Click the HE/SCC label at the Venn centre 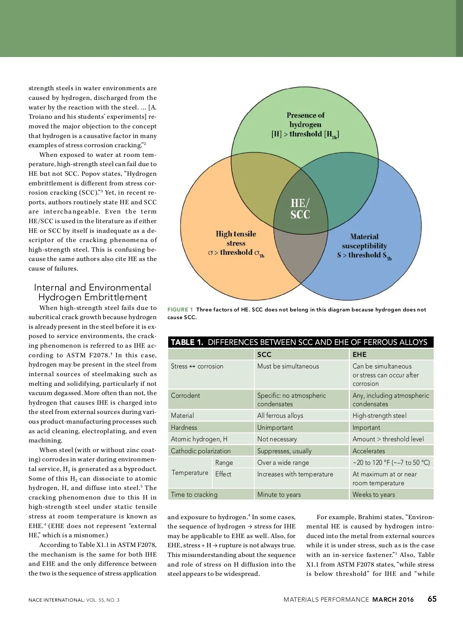click(300, 209)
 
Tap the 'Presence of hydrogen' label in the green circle click(305, 124)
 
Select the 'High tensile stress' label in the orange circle click(236, 243)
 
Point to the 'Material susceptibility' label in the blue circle click(364, 246)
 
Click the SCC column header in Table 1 click(264, 355)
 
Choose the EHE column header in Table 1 click(359, 355)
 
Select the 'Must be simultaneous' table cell click(288, 366)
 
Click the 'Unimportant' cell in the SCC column click(275, 427)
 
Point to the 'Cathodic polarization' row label click(201, 451)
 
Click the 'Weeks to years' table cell click(373, 495)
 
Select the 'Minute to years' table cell click(279, 495)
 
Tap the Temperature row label click(190, 473)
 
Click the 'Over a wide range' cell click(283, 463)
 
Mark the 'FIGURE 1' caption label click(180, 309)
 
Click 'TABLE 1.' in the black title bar click(187, 342)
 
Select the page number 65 click(432, 599)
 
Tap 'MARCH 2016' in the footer click(393, 599)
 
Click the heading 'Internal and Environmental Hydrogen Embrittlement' click(93, 292)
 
